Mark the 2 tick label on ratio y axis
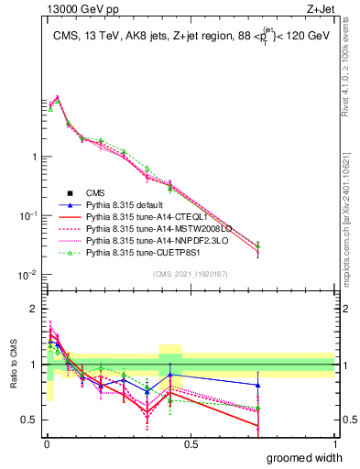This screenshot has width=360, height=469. point(34,309)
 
